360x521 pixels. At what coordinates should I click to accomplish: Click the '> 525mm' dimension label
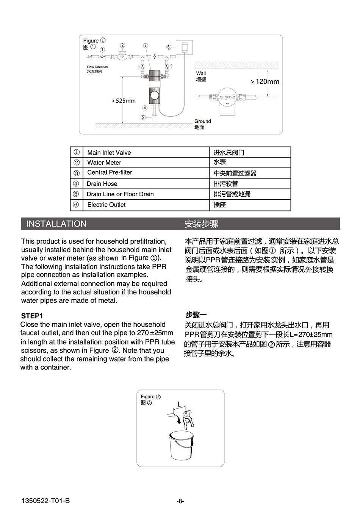pyautogui.click(x=124, y=101)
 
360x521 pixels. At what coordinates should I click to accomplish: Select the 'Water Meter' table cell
pyautogui.click(x=104, y=163)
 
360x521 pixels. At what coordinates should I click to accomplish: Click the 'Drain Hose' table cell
pyautogui.click(x=102, y=184)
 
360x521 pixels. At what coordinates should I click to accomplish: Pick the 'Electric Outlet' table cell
pyautogui.click(x=106, y=205)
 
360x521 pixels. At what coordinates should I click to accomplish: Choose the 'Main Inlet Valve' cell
pyautogui.click(x=109, y=153)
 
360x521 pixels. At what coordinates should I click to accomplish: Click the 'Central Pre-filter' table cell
pyautogui.click(x=110, y=172)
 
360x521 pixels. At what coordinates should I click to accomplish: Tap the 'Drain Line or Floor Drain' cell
pyautogui.click(x=120, y=194)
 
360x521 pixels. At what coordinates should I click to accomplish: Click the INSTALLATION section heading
pyautogui.click(x=56, y=224)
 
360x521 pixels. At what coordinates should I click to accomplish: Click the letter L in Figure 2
pyautogui.click(x=180, y=404)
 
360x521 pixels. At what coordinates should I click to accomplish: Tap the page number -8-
pyautogui.click(x=180, y=501)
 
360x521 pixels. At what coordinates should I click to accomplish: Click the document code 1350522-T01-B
pyautogui.click(x=45, y=501)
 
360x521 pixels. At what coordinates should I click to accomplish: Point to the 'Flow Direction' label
pyautogui.click(x=97, y=67)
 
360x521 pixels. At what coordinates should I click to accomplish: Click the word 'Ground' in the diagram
pyautogui.click(x=203, y=121)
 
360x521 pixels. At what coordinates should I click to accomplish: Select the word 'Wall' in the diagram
pyautogui.click(x=201, y=73)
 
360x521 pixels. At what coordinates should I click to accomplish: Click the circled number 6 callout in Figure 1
pyautogui.click(x=169, y=47)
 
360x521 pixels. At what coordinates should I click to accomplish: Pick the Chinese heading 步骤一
pyautogui.click(x=196, y=315)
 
